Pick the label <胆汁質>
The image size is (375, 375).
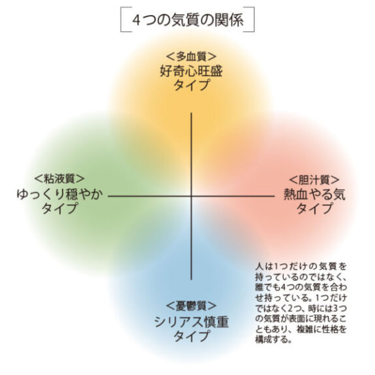click(x=315, y=179)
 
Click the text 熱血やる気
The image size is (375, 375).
click(x=315, y=194)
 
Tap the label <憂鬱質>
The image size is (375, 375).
click(x=191, y=306)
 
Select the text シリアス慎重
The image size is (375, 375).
click(x=191, y=322)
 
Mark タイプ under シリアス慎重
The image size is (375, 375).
click(x=191, y=337)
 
